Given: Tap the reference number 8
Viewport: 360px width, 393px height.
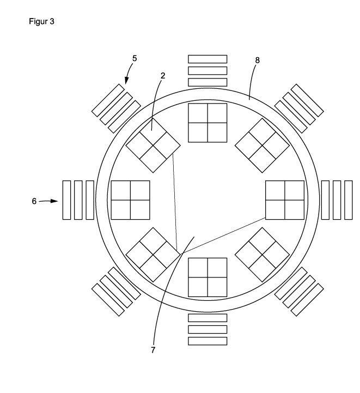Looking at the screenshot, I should point(258,61).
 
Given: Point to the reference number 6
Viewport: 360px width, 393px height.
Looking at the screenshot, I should point(34,201).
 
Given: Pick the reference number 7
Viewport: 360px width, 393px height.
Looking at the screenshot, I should point(153,350).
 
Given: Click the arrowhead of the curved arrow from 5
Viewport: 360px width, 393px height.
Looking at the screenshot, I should point(126,81).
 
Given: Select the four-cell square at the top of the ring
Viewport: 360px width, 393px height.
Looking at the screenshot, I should point(207,123).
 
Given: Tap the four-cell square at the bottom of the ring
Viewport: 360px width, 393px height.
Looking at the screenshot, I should point(207,277).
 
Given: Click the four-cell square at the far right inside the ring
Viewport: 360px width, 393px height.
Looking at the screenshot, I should point(284,199).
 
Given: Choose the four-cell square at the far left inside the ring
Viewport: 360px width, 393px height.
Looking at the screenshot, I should point(130,199).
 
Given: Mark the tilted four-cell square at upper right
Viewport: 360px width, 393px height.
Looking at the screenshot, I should point(261,145).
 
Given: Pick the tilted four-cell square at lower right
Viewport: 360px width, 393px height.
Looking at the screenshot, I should point(261,254).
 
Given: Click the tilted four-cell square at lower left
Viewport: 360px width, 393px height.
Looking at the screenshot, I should point(153,254).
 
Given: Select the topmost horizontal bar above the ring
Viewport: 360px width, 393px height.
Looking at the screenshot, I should point(207,59).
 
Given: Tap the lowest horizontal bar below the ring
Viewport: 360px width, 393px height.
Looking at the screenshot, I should point(207,341).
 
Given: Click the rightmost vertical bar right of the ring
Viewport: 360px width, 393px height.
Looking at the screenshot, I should point(348,199).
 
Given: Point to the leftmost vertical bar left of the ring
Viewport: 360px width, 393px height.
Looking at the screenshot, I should point(66,199).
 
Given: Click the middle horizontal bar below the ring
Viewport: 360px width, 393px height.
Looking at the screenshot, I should point(207,329).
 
